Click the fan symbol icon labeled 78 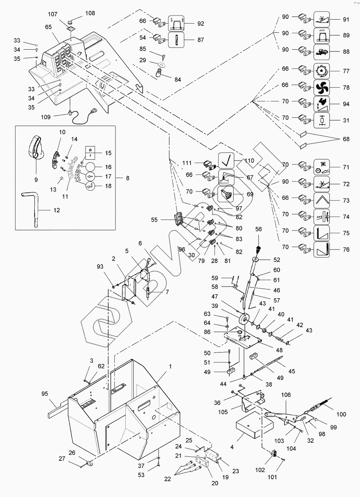pyautogui.click(x=321, y=87)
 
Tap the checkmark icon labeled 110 pyautogui.click(x=226, y=160)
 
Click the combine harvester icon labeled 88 pyautogui.click(x=321, y=51)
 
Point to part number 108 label pyautogui.click(x=90, y=13)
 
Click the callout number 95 pyautogui.click(x=45, y=394)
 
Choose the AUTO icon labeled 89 pyautogui.click(x=321, y=35)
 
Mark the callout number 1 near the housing pyautogui.click(x=169, y=367)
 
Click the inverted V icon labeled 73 pyautogui.click(x=321, y=200)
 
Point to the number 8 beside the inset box pyautogui.click(x=127, y=178)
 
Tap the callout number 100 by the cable pyautogui.click(x=341, y=414)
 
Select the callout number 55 pyautogui.click(x=155, y=220)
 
